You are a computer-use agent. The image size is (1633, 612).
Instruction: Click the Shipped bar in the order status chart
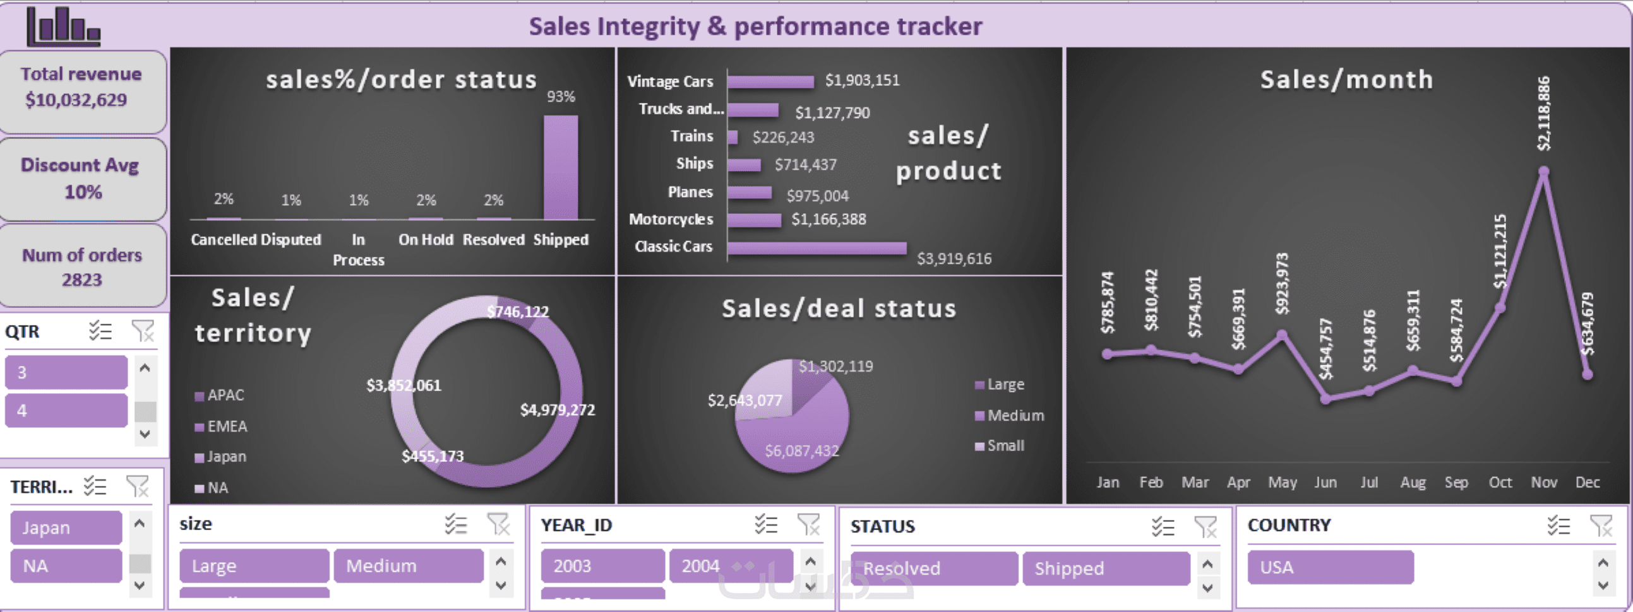pyautogui.click(x=560, y=167)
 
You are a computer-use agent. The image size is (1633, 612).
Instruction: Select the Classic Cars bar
pyautogui.click(x=816, y=248)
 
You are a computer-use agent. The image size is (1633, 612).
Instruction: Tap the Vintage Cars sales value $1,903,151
pyautogui.click(x=861, y=81)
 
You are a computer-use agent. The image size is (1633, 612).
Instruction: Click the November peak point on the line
pyautogui.click(x=1543, y=171)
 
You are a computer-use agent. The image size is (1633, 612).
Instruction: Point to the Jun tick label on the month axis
pyautogui.click(x=1325, y=482)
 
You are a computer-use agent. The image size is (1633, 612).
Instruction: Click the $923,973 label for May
pyautogui.click(x=1282, y=284)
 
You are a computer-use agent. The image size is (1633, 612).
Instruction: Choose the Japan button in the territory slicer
pyautogui.click(x=66, y=527)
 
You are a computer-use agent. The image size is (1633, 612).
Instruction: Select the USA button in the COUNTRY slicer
pyautogui.click(x=1330, y=567)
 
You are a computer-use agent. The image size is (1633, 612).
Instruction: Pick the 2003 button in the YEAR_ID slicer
pyautogui.click(x=602, y=565)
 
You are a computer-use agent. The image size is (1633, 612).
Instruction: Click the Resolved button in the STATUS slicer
pyautogui.click(x=933, y=568)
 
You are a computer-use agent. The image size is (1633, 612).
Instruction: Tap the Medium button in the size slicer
pyautogui.click(x=408, y=565)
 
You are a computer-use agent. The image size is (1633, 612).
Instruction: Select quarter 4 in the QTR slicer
pyautogui.click(x=66, y=411)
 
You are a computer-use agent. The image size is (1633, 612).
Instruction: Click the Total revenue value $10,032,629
pyautogui.click(x=76, y=100)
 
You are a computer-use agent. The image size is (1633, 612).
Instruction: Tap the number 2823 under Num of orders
pyautogui.click(x=82, y=280)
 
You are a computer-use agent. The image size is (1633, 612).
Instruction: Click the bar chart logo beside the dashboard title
pyautogui.click(x=63, y=26)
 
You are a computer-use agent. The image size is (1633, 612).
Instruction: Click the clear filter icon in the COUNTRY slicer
pyautogui.click(x=1600, y=525)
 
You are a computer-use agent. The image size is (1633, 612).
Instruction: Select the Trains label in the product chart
pyautogui.click(x=691, y=136)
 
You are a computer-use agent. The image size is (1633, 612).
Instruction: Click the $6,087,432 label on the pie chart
pyautogui.click(x=801, y=450)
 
